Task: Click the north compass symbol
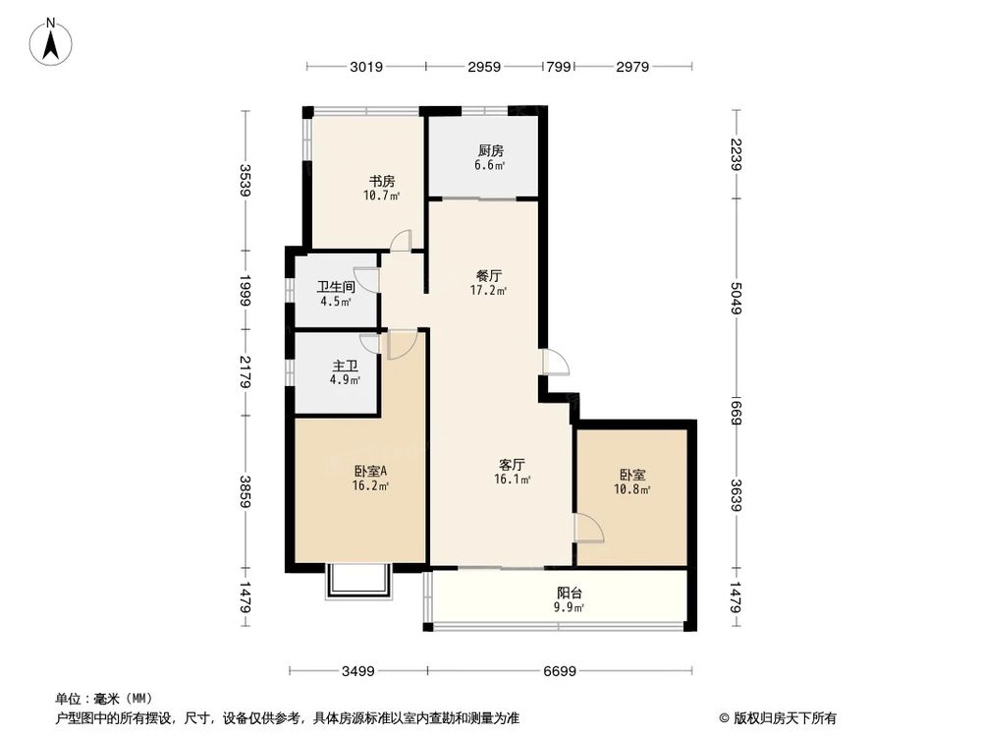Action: pos(51,42)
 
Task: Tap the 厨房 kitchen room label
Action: pos(491,150)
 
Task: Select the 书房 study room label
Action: pos(382,181)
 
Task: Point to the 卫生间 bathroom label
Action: pos(335,288)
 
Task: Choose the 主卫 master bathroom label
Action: pos(344,365)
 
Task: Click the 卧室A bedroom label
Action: pos(370,471)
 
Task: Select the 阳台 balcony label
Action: pos(568,593)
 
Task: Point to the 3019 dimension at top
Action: pos(365,67)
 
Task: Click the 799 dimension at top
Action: pos(559,67)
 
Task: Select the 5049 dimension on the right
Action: pos(736,298)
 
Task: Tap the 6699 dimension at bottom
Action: pos(560,671)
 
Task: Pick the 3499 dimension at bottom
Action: pos(358,671)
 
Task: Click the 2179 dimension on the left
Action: pos(245,372)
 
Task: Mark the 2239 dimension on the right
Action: pos(736,155)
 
